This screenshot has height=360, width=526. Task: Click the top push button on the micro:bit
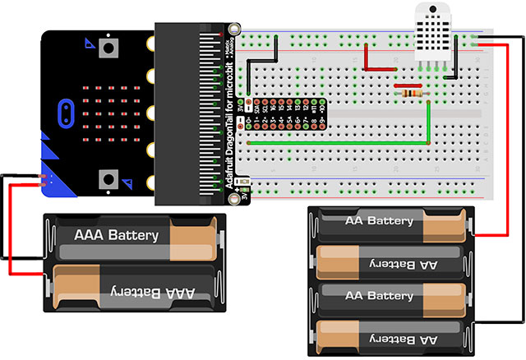coord(107,48)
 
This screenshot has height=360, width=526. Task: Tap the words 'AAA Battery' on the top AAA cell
coord(116,236)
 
